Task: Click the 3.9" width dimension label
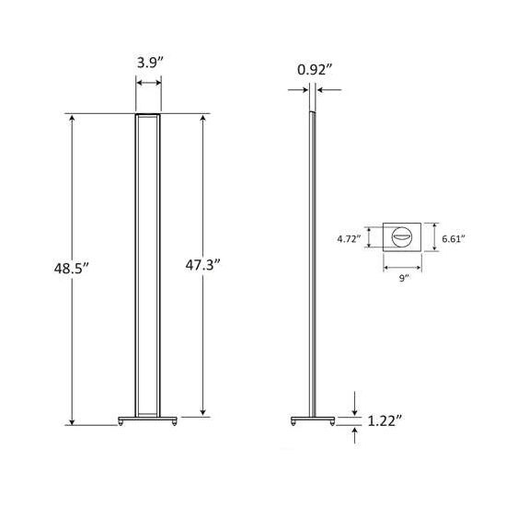point(149,65)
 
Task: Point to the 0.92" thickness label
point(313,69)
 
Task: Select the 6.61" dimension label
point(452,238)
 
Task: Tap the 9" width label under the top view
point(402,279)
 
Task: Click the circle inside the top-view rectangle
point(402,238)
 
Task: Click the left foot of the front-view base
point(121,424)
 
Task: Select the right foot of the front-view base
point(175,424)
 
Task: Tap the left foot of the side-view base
point(293,424)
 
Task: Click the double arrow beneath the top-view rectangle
point(402,268)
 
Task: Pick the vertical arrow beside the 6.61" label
point(433,238)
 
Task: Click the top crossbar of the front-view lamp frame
point(149,116)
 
